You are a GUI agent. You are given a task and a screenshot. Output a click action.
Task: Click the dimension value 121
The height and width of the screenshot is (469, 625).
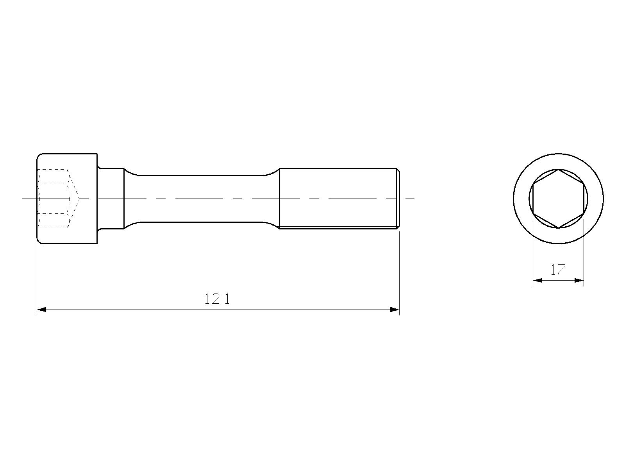coord(217,299)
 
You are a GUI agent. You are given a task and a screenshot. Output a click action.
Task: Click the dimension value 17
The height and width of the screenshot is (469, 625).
coord(558,270)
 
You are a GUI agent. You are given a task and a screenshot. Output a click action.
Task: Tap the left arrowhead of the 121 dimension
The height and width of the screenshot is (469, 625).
coord(41,310)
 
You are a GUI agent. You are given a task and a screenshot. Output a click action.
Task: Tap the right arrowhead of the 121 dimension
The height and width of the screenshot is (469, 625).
coord(395,310)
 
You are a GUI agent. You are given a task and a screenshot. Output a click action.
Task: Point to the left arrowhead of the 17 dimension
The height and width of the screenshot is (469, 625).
coord(537,281)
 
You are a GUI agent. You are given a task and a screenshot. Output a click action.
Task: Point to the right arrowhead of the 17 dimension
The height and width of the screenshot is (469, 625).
coord(579,281)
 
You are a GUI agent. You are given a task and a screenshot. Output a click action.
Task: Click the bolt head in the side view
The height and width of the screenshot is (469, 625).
coord(67,199)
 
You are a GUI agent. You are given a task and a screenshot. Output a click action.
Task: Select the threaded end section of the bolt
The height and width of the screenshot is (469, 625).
coord(339,199)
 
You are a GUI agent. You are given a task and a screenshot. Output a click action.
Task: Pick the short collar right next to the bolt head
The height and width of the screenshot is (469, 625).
coord(111,199)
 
